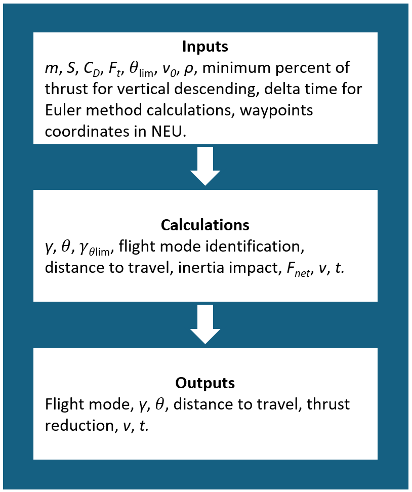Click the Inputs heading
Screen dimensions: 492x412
click(205, 47)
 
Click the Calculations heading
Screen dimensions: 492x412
click(205, 225)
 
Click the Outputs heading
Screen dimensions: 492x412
click(205, 383)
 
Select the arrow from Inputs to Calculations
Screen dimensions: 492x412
click(205, 166)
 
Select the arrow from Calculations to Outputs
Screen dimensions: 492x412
click(205, 324)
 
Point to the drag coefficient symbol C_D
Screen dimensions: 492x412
click(94, 69)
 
